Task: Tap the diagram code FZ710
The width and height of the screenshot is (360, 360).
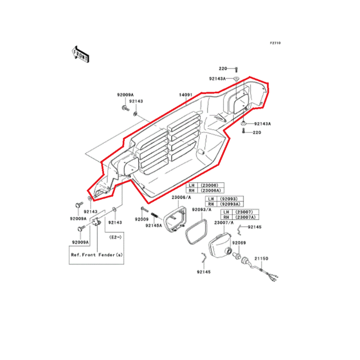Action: (x=275, y=43)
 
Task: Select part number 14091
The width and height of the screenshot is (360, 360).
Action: (x=186, y=95)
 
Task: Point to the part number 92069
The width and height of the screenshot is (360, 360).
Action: (x=240, y=242)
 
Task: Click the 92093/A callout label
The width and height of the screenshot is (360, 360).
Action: (x=202, y=209)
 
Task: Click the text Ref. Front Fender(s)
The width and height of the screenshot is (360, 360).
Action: (x=96, y=255)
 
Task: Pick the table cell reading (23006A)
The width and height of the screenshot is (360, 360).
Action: (x=212, y=190)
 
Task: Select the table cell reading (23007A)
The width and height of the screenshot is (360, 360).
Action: (x=245, y=217)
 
